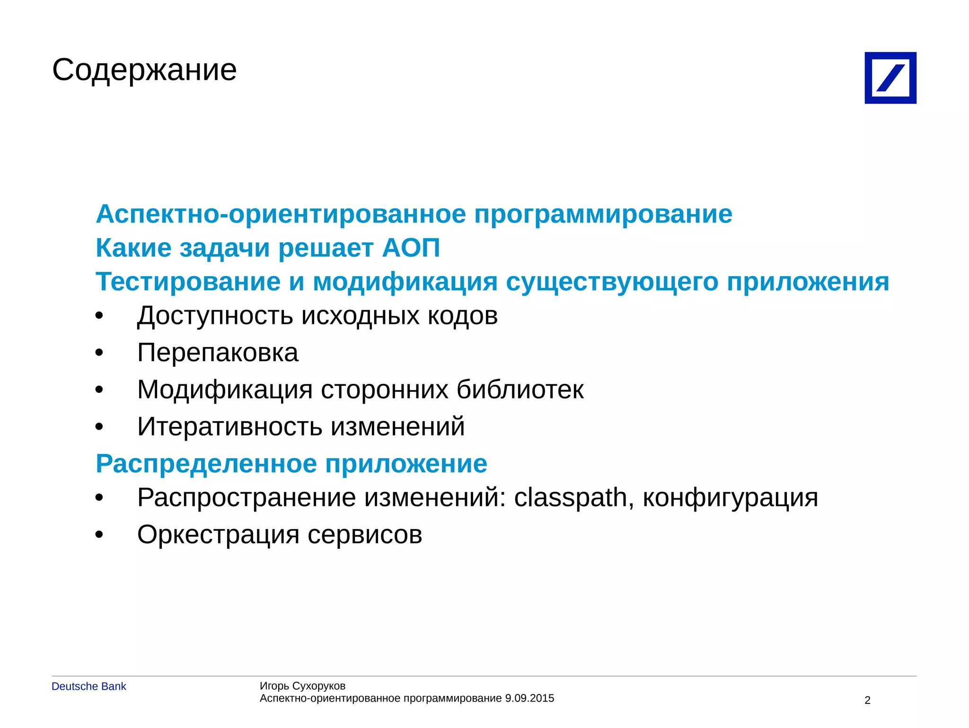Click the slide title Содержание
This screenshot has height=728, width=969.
click(x=144, y=70)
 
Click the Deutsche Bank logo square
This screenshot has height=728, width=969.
click(x=890, y=78)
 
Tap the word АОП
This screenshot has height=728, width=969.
click(x=411, y=248)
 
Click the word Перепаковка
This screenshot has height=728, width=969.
click(x=218, y=353)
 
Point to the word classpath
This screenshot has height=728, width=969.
click(x=571, y=497)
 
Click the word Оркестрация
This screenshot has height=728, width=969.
click(x=218, y=535)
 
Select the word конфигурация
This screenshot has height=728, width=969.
click(x=730, y=497)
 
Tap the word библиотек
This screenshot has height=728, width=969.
click(x=520, y=390)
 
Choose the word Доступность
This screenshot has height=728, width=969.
click(x=215, y=316)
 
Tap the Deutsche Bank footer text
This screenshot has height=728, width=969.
click(x=89, y=686)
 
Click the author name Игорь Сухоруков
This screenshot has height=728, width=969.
click(x=302, y=686)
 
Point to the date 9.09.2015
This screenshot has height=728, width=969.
click(x=529, y=698)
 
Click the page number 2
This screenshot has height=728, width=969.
click(x=867, y=700)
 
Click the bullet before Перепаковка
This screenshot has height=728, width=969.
click(x=99, y=353)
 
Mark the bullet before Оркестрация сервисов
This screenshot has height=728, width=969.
click(x=99, y=535)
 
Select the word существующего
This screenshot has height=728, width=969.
click(x=612, y=282)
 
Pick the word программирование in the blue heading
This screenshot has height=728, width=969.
click(x=603, y=214)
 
